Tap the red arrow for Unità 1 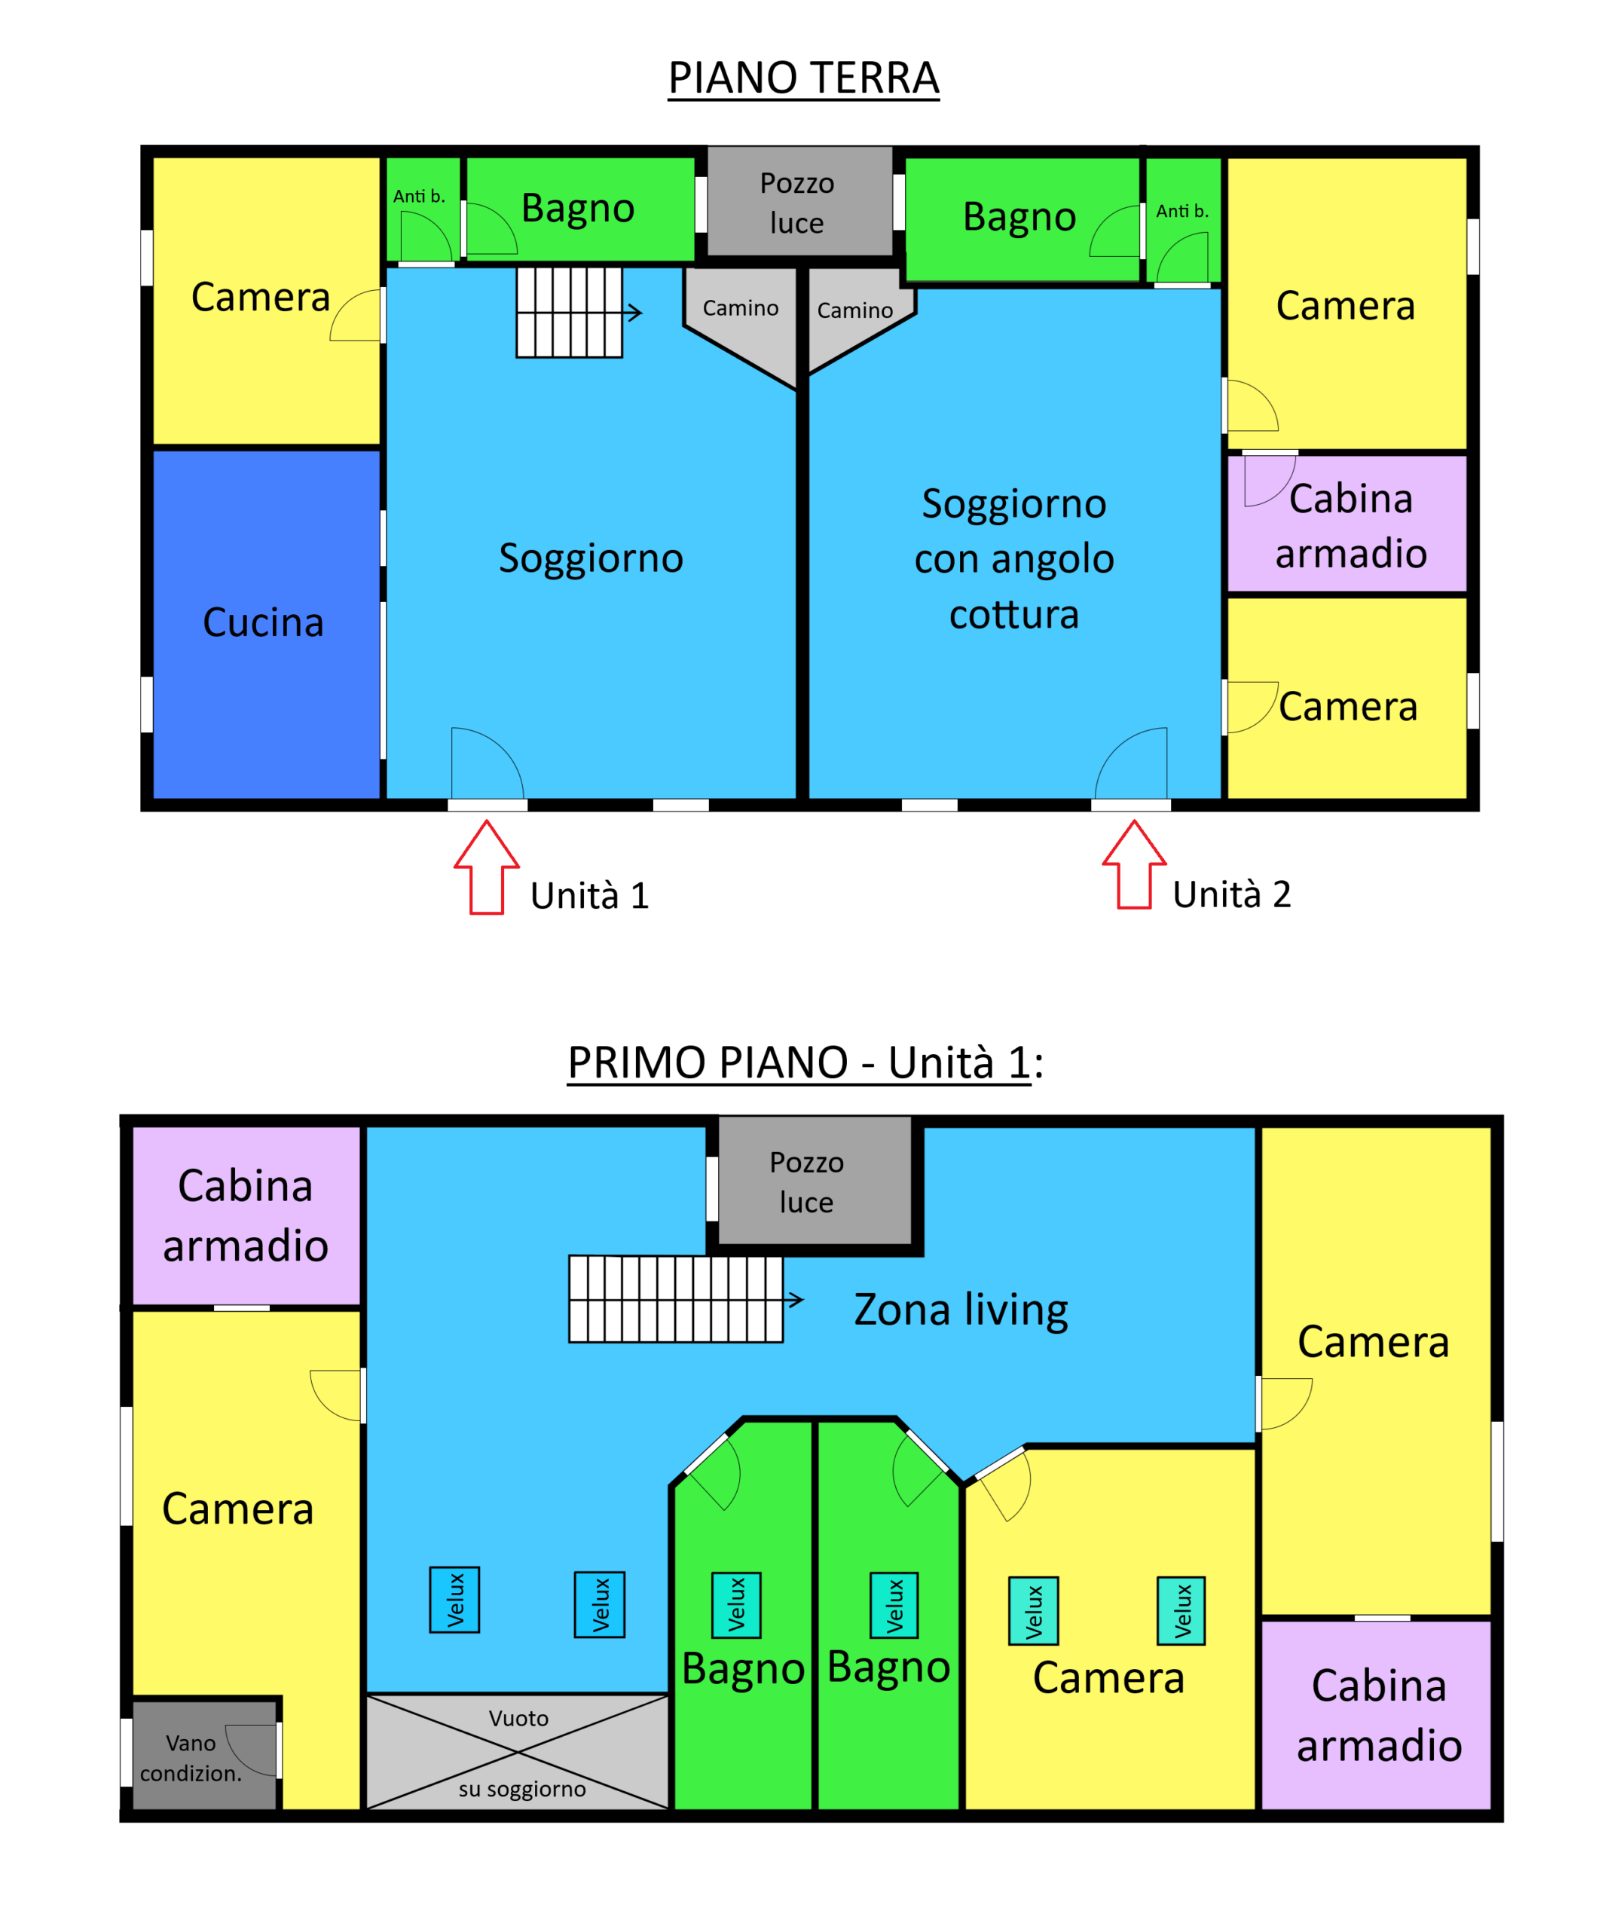pos(487,867)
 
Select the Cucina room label pos(264,623)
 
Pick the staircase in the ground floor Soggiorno pos(570,312)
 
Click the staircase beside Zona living pos(676,1299)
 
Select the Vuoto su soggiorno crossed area pos(518,1752)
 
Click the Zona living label pos(961,1309)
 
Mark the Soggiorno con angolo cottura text pos(1014,558)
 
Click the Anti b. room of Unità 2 pos(1183,221)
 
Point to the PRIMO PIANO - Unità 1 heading pos(805,1062)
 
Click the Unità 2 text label pos(1231,894)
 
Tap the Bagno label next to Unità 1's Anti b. pos(578,209)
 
